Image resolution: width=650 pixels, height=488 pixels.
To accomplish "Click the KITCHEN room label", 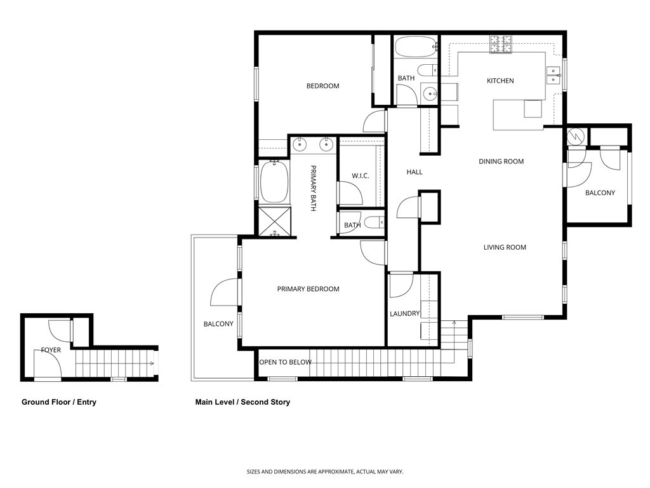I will (500, 81).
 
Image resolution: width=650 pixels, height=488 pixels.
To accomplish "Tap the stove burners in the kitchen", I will (500, 44).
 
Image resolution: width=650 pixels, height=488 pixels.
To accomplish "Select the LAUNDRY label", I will (404, 313).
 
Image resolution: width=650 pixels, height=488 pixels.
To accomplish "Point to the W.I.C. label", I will (361, 176).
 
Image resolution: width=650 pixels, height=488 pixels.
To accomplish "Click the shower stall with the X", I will (274, 222).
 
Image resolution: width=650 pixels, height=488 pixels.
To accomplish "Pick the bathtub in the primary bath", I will (274, 181).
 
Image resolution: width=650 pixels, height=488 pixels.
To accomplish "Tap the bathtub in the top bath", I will (415, 46).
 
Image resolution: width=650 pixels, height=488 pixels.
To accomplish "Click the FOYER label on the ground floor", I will (51, 350).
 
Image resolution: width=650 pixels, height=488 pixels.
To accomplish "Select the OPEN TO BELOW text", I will (285, 362).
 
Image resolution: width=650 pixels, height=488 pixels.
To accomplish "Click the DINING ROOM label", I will (501, 161).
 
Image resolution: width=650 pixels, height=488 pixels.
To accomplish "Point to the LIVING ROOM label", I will (505, 247).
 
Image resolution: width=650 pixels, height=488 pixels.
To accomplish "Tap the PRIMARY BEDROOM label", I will (308, 289).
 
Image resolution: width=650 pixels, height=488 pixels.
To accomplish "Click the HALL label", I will (415, 172).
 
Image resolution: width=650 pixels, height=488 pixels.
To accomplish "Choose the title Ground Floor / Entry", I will (59, 402).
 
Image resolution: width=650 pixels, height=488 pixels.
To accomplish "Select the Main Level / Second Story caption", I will (242, 402).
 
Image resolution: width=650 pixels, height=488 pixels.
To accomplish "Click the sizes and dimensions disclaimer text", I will (325, 471).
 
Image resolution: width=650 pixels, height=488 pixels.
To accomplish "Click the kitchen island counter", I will (517, 114).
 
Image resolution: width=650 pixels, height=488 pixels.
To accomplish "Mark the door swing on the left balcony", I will (222, 294).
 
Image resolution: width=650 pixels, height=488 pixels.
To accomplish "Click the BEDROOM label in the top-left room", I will (322, 86).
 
